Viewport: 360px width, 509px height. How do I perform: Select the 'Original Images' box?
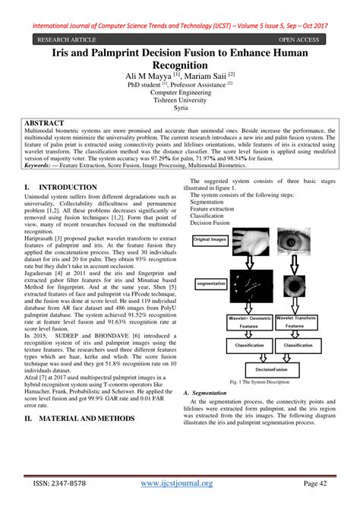pyautogui.click(x=211, y=240)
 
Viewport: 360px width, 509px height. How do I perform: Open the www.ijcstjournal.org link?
pyautogui.click(x=181, y=483)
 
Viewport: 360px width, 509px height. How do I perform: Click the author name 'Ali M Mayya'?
pyautogui.click(x=144, y=77)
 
